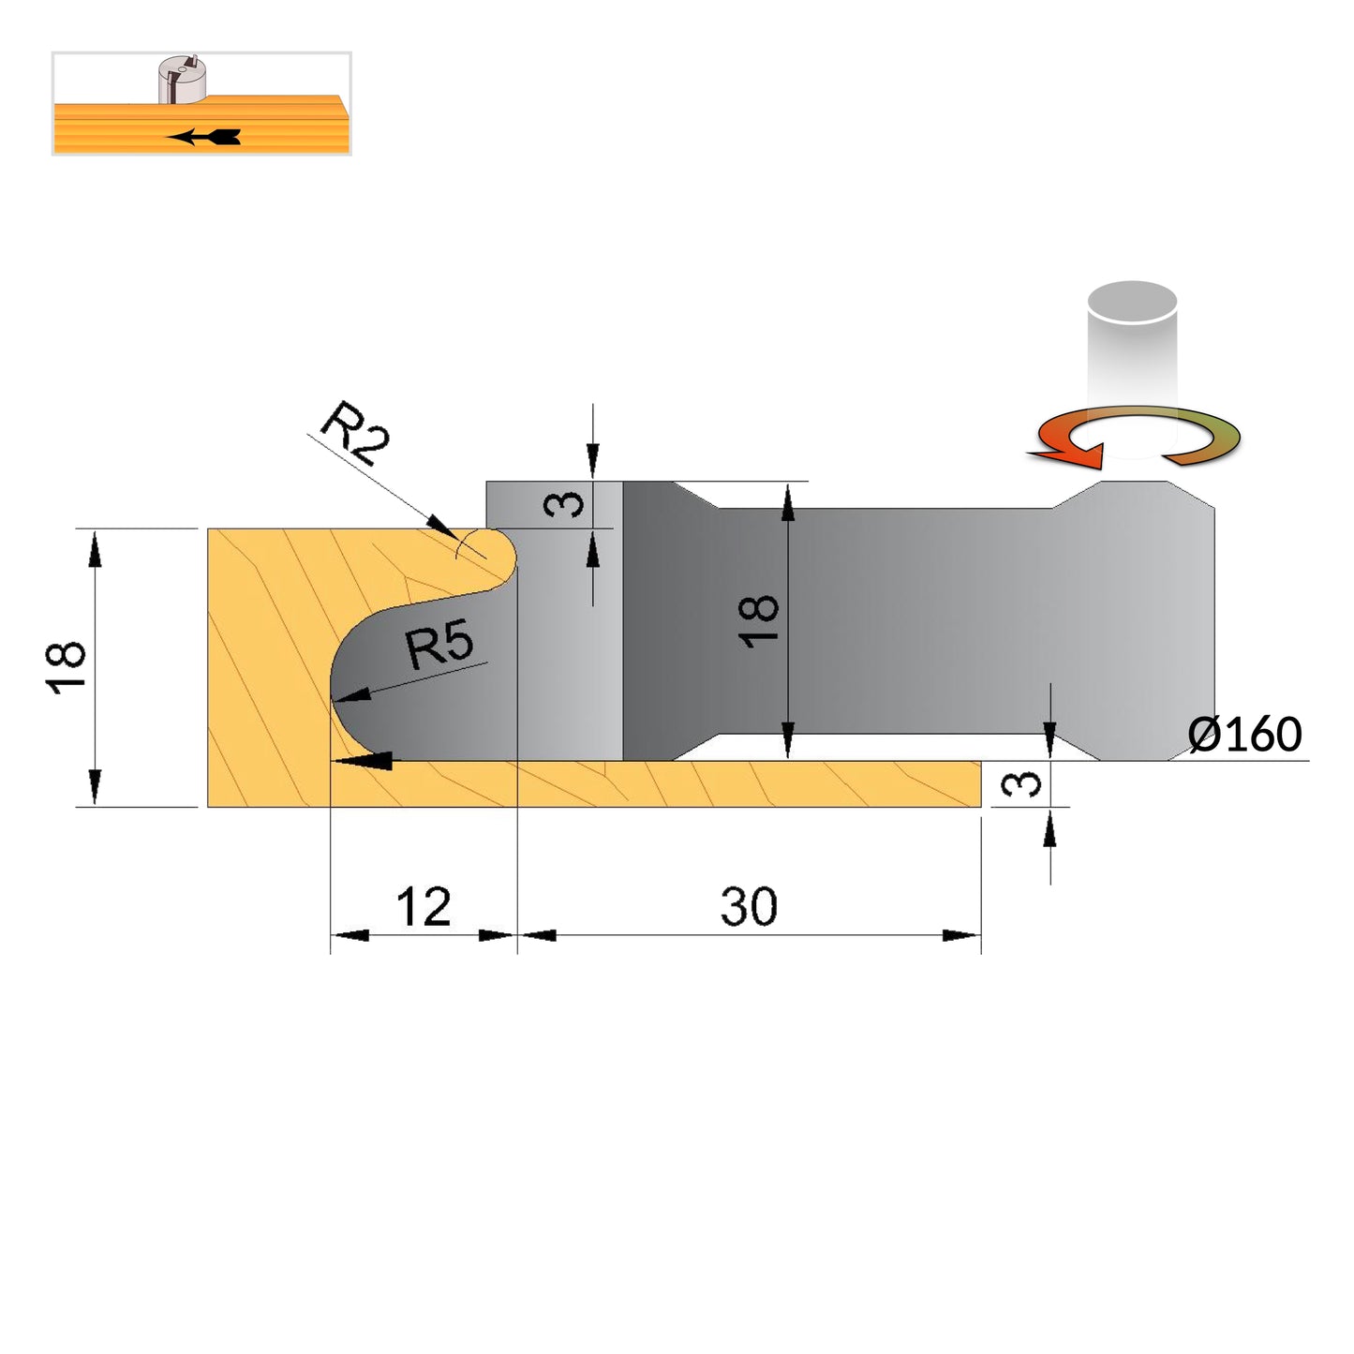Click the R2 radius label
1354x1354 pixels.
point(355,432)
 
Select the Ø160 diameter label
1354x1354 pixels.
point(1244,735)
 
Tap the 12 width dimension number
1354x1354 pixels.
point(424,906)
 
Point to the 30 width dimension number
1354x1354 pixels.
point(749,906)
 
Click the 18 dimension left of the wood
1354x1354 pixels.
point(66,667)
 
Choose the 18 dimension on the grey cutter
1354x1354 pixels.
point(759,621)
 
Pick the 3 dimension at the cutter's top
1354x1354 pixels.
point(564,504)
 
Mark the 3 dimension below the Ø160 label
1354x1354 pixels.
point(1021,783)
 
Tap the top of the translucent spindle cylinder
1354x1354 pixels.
point(1132,302)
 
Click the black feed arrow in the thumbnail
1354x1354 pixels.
point(203,136)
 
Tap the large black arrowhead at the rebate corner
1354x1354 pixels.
point(362,760)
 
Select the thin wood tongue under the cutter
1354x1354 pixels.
point(656,783)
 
